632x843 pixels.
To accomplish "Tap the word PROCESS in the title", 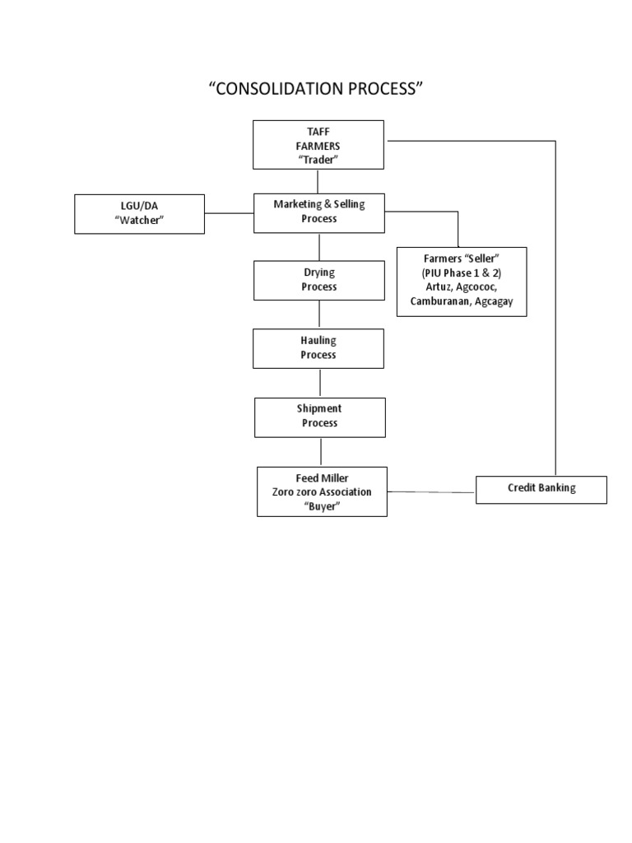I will point(383,89).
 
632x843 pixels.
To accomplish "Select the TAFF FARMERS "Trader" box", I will point(318,145).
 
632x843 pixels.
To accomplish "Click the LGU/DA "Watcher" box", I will point(139,213).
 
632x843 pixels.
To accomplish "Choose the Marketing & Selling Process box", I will point(318,212).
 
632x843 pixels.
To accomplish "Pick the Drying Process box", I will point(318,280).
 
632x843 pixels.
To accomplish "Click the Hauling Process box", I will point(318,348).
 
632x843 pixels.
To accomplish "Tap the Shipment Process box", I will point(319,417).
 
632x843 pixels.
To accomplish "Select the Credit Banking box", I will point(541,488).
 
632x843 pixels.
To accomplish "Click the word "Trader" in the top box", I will point(318,160).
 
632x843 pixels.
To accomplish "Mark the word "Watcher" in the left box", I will point(139,221).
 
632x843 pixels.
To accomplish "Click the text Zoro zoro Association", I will point(322,492).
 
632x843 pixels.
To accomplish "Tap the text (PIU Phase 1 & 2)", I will point(461,273).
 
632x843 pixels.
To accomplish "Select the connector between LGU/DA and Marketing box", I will point(229,213).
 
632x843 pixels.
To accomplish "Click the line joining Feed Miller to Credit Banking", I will point(431,492).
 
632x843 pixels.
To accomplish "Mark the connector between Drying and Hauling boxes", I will point(319,314).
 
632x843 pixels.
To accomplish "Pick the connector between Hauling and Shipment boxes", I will point(319,383).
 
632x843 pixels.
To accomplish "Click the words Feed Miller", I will point(322,477).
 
